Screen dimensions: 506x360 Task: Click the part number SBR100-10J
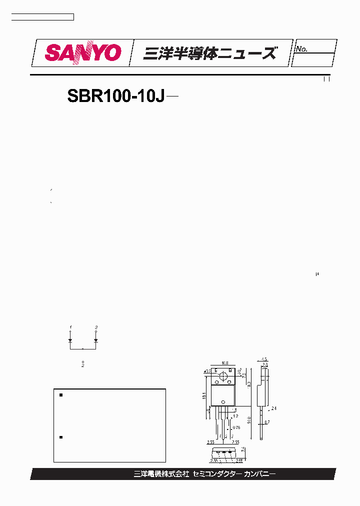coord(116,96)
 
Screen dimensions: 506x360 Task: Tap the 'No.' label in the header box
coord(301,49)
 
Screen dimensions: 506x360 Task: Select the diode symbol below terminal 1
coord(70,339)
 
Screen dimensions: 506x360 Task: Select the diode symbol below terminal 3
coord(95,339)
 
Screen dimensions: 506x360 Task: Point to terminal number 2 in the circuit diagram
coord(82,365)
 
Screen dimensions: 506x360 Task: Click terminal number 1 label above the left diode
coord(70,327)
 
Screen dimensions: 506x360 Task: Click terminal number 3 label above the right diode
coord(95,327)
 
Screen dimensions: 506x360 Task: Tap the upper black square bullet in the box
coord(61,395)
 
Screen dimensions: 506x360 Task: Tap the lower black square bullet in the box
coord(61,437)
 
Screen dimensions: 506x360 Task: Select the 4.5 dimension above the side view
coord(264,359)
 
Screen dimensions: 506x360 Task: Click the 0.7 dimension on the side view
coord(267,422)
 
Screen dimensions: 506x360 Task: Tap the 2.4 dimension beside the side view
coord(273,408)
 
